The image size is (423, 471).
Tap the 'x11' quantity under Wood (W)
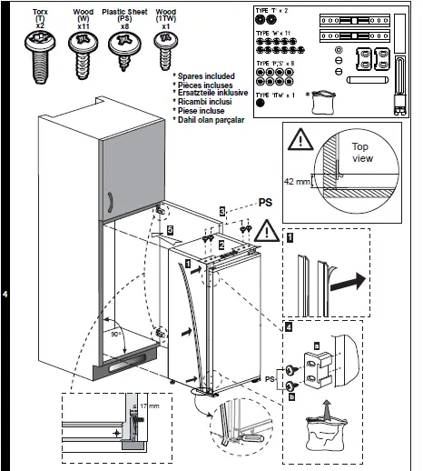(x=84, y=27)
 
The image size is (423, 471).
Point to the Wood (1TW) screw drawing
(x=165, y=48)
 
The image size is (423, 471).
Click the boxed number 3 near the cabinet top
(x=221, y=211)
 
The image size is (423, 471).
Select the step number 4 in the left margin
(x=6, y=295)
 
